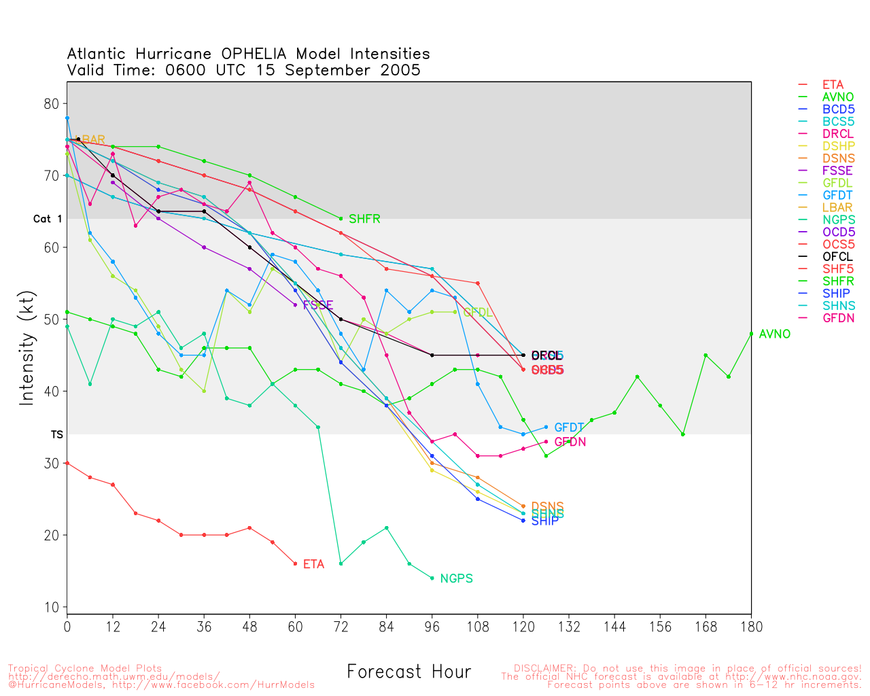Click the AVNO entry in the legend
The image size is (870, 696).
[x=837, y=97]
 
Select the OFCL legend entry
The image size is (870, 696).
[x=837, y=256]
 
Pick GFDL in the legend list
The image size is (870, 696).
[x=837, y=183]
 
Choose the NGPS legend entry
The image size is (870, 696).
[x=837, y=220]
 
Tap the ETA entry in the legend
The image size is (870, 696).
[x=833, y=85]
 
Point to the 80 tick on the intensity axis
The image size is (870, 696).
[x=52, y=104]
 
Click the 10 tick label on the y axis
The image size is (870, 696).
[x=52, y=607]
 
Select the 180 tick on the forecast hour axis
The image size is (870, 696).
[x=751, y=627]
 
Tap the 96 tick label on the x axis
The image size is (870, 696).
[x=432, y=627]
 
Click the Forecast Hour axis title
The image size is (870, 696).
[x=408, y=672]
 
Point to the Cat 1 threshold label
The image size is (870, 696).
[x=48, y=219]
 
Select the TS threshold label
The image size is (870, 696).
[x=56, y=434]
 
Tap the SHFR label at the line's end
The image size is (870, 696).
[x=364, y=219]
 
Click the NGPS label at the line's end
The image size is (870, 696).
[x=456, y=578]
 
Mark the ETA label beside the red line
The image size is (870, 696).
[x=313, y=564]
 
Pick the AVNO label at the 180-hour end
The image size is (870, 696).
[x=775, y=334]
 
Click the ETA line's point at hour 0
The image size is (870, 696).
[x=67, y=463]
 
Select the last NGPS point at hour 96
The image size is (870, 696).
[x=432, y=578]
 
